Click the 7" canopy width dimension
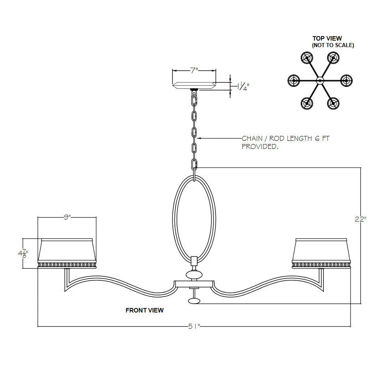(x=194, y=71)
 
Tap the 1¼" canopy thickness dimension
(x=243, y=86)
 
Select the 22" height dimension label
(x=360, y=219)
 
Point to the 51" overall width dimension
(x=194, y=326)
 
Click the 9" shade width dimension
(x=67, y=217)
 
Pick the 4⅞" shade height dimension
(x=23, y=253)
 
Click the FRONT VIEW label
(x=144, y=310)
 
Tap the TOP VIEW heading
(x=327, y=38)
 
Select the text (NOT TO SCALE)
(x=333, y=45)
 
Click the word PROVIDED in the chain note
(x=260, y=146)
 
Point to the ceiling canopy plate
(x=194, y=85)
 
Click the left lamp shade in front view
(x=67, y=253)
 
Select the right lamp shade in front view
(x=321, y=253)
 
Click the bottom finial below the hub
(x=194, y=301)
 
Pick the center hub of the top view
(x=320, y=80)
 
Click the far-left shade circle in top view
(x=293, y=80)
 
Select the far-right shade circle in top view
(x=346, y=80)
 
